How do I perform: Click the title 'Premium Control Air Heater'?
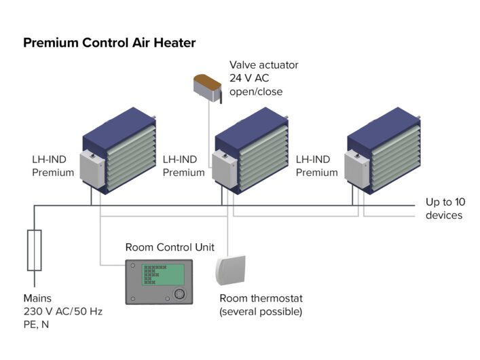coord(109,43)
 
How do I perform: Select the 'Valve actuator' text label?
coord(263,65)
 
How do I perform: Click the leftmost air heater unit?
coord(122,154)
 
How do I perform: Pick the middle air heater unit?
coord(254,154)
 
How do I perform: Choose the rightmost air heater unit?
coord(386,154)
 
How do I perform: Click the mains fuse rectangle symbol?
coord(34,251)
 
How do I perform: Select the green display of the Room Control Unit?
coord(163,275)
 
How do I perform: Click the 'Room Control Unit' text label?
coord(170,247)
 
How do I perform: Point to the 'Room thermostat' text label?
coord(261,298)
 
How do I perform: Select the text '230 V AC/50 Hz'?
coord(62,311)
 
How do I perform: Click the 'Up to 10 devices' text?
coord(444,209)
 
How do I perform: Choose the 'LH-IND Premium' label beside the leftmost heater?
coord(52,166)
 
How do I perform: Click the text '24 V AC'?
coord(250,78)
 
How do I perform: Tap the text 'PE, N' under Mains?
coord(38,325)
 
